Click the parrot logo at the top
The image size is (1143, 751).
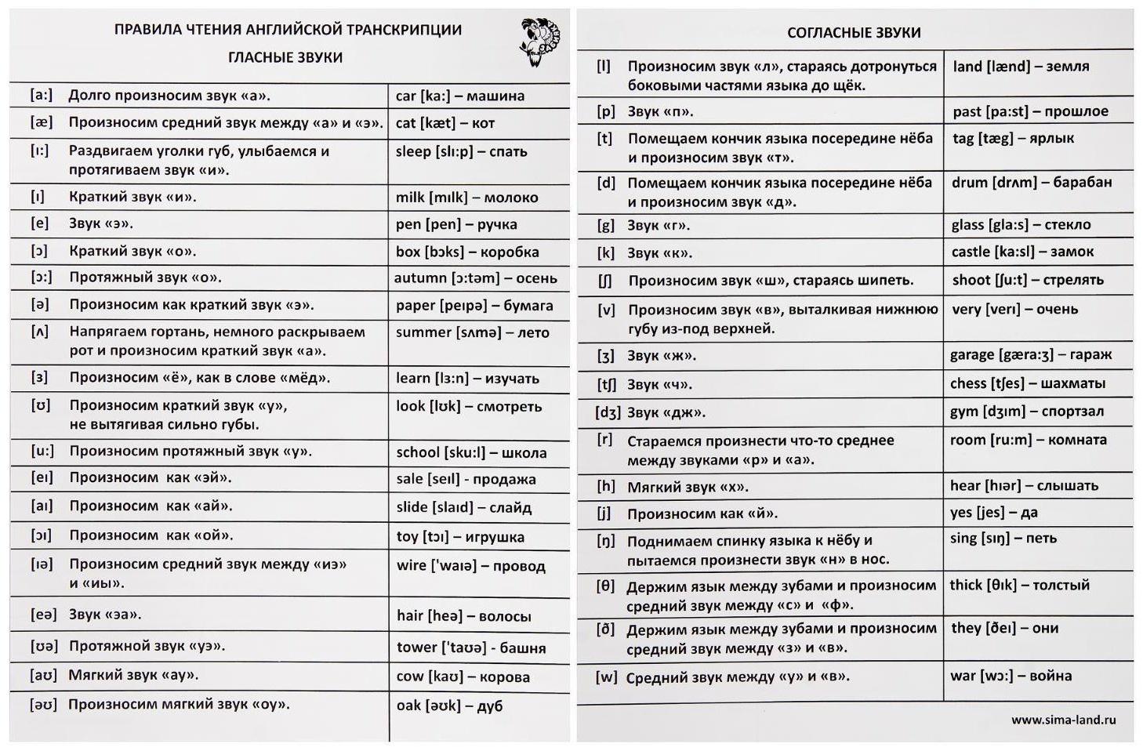[541, 42]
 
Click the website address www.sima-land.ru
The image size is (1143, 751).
[1063, 720]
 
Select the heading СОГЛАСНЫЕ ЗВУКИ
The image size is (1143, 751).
[854, 33]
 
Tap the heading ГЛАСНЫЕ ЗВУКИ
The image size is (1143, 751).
[285, 57]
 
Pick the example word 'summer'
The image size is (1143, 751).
[423, 332]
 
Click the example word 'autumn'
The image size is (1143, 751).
[419, 278]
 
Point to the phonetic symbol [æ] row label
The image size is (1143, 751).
[42, 122]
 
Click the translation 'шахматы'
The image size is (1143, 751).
[1072, 384]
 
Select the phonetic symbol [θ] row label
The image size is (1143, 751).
[605, 586]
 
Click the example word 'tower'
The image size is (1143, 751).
[416, 648]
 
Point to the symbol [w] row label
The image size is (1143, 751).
[606, 677]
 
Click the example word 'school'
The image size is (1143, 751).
[418, 452]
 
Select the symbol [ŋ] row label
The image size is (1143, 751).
[605, 541]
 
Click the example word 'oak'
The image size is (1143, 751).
[408, 706]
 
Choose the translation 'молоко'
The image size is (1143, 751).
[511, 198]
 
